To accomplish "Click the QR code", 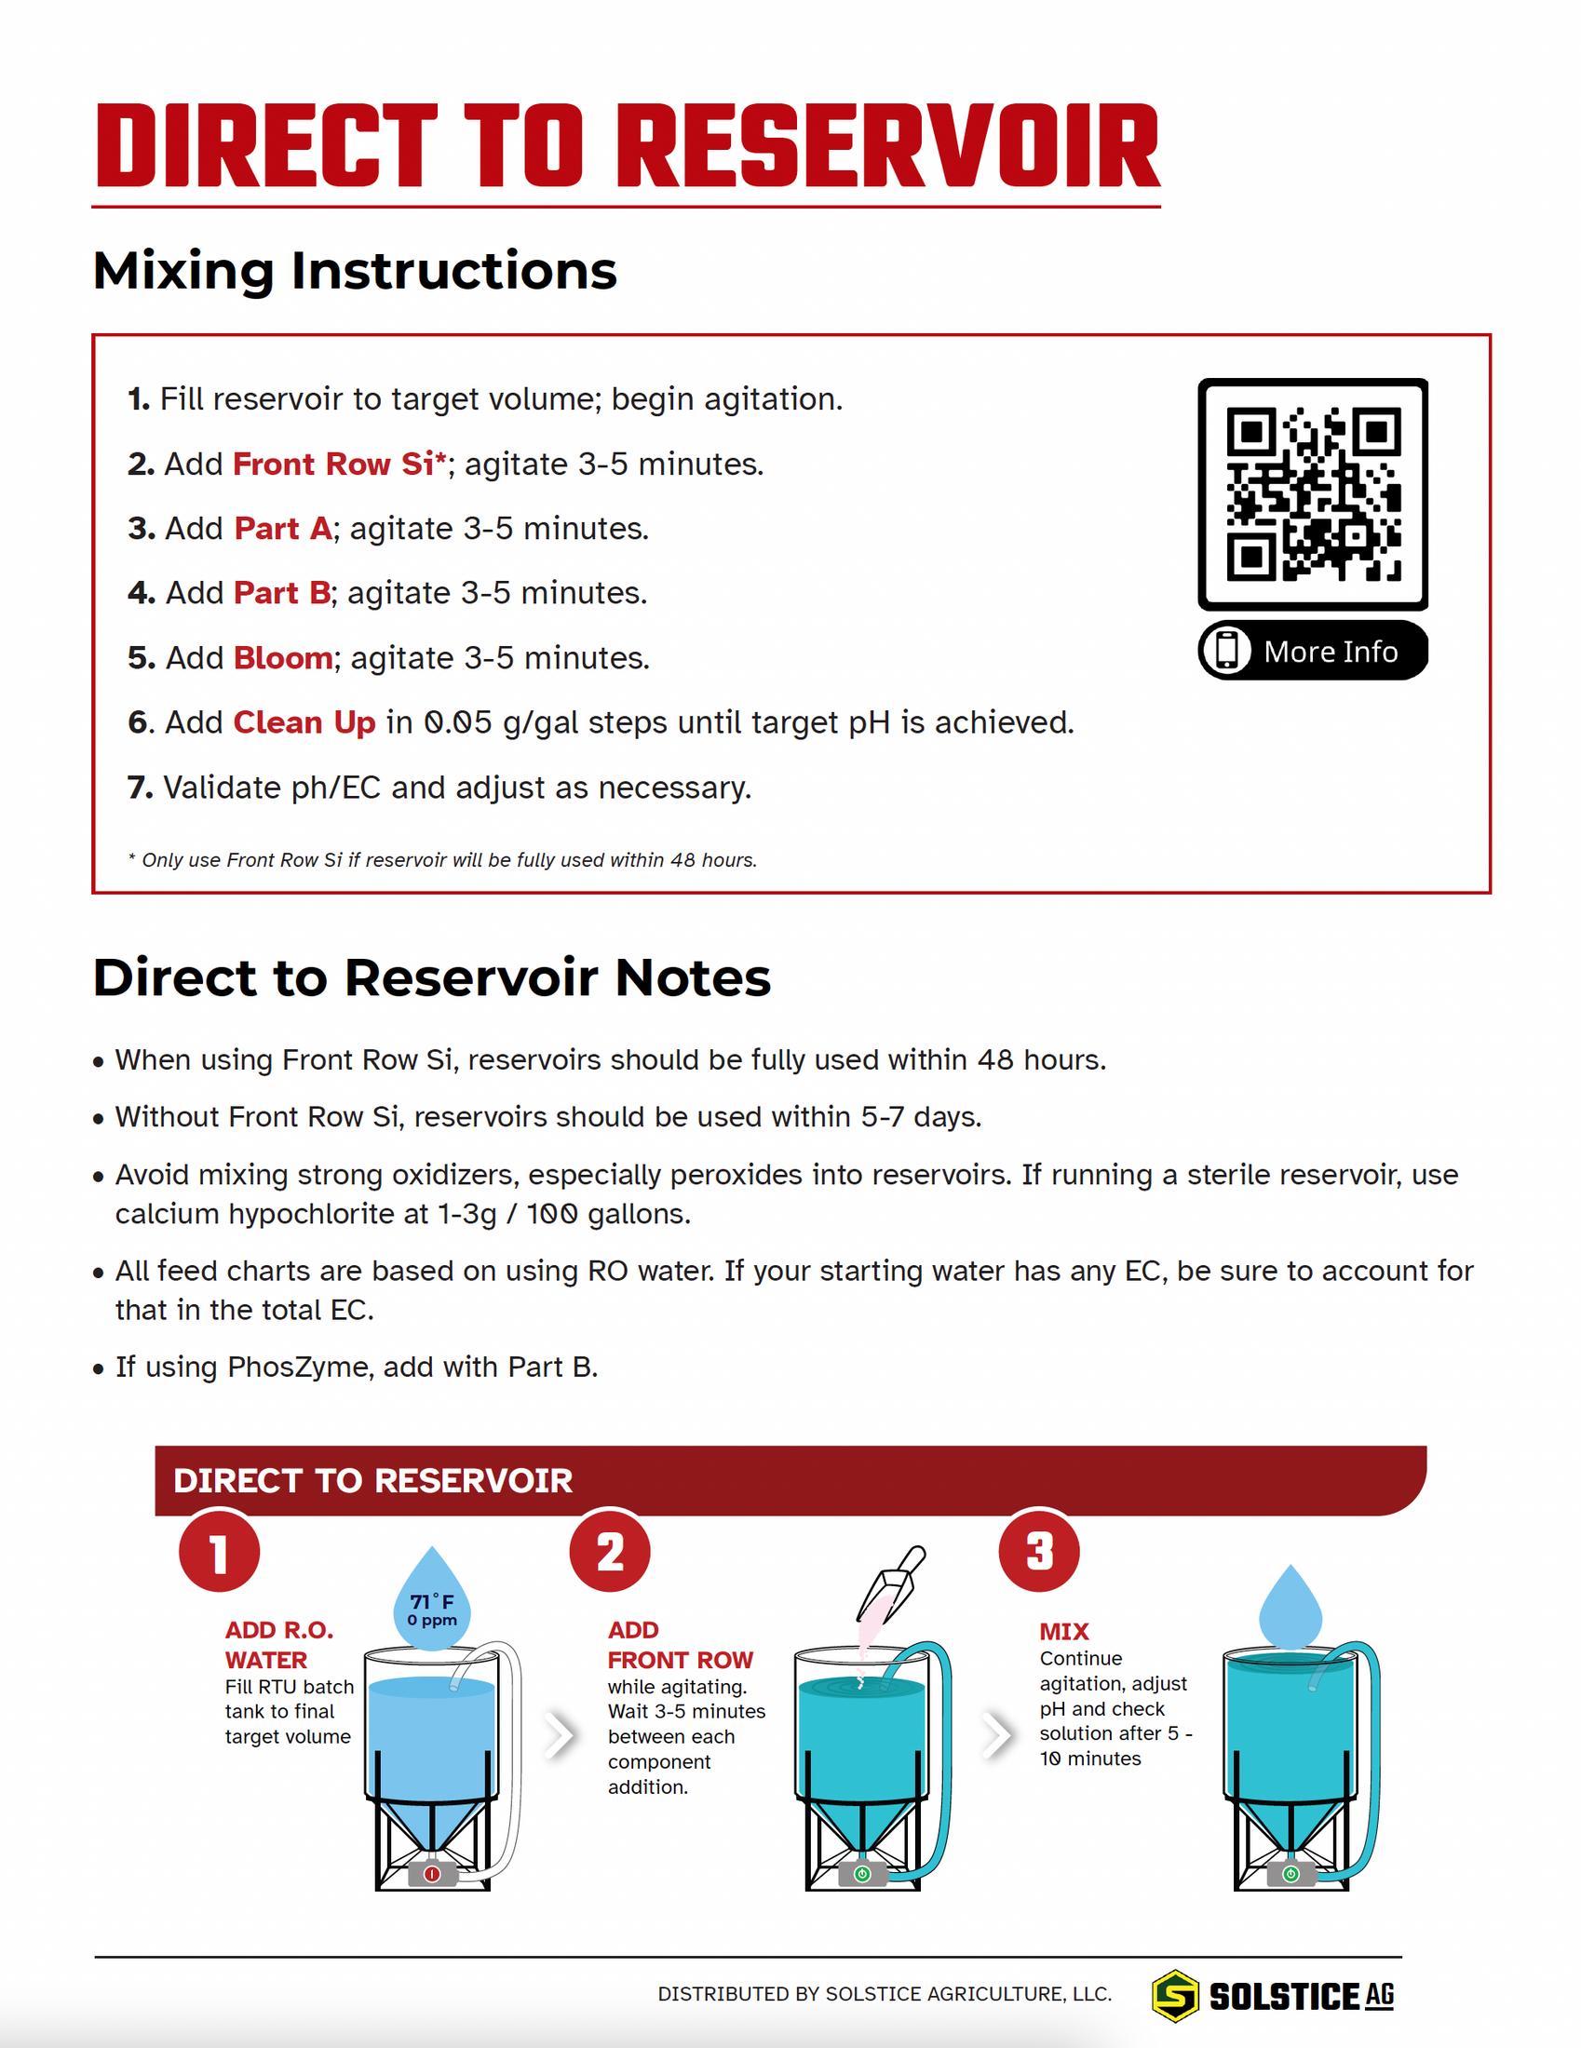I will click(x=1312, y=494).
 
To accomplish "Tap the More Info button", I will click(x=1312, y=651).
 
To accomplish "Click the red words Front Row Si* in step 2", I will click(x=339, y=465).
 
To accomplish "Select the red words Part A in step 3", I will click(x=282, y=529).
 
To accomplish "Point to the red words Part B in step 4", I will click(x=281, y=593).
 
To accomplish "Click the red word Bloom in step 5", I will click(x=282, y=658).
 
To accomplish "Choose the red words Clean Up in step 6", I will click(x=304, y=723).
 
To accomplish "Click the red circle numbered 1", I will click(x=219, y=1552).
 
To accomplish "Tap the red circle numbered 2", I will click(x=610, y=1552).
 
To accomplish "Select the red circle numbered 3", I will click(x=1038, y=1552).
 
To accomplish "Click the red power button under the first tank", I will click(x=431, y=1874).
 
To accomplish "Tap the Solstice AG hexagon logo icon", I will click(x=1175, y=1995).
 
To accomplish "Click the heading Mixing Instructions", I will click(x=355, y=271).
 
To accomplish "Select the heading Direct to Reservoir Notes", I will click(x=431, y=978).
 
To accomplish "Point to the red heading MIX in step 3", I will click(x=1063, y=1632).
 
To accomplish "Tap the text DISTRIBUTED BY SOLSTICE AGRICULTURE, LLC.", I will click(x=884, y=1994).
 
